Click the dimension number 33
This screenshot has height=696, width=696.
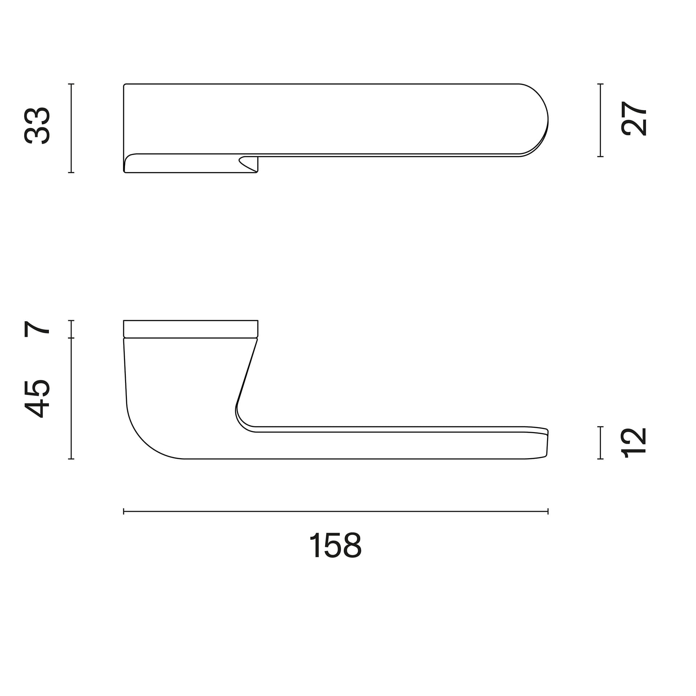(x=37, y=126)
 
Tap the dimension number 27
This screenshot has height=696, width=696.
(x=634, y=118)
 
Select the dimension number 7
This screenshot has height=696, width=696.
(x=37, y=329)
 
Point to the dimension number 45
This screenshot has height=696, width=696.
(x=37, y=399)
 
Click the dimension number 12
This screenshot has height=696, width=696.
(x=634, y=443)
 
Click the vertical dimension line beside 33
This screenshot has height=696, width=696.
(x=71, y=128)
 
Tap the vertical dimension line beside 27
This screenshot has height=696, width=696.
(x=600, y=120)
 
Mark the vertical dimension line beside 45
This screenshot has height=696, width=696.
(x=71, y=398)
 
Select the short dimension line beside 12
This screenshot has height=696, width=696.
(x=600, y=443)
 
